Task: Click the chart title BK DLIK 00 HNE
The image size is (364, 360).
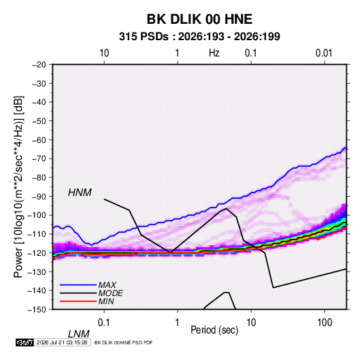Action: (199, 19)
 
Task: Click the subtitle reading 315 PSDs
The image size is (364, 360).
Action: (144, 37)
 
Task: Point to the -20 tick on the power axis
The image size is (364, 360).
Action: (39, 65)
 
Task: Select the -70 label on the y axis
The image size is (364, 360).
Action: (39, 159)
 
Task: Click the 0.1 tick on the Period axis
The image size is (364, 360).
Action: (103, 323)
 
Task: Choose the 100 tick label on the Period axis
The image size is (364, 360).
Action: (325, 323)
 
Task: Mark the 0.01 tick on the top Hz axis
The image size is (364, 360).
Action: (324, 53)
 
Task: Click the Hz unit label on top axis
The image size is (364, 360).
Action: (214, 53)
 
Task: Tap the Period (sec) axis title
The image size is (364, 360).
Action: (214, 330)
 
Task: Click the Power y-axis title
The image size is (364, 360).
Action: (18, 186)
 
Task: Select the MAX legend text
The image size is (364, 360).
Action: (107, 285)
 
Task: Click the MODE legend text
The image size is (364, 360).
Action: (110, 293)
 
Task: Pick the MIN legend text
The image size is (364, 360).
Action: (106, 301)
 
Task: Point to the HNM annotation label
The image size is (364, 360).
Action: (80, 193)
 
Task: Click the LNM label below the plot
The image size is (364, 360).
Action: (79, 334)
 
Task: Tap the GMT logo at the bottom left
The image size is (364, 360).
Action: (24, 342)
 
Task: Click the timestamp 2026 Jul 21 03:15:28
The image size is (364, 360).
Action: (62, 342)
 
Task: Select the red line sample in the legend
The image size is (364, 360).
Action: (78, 301)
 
